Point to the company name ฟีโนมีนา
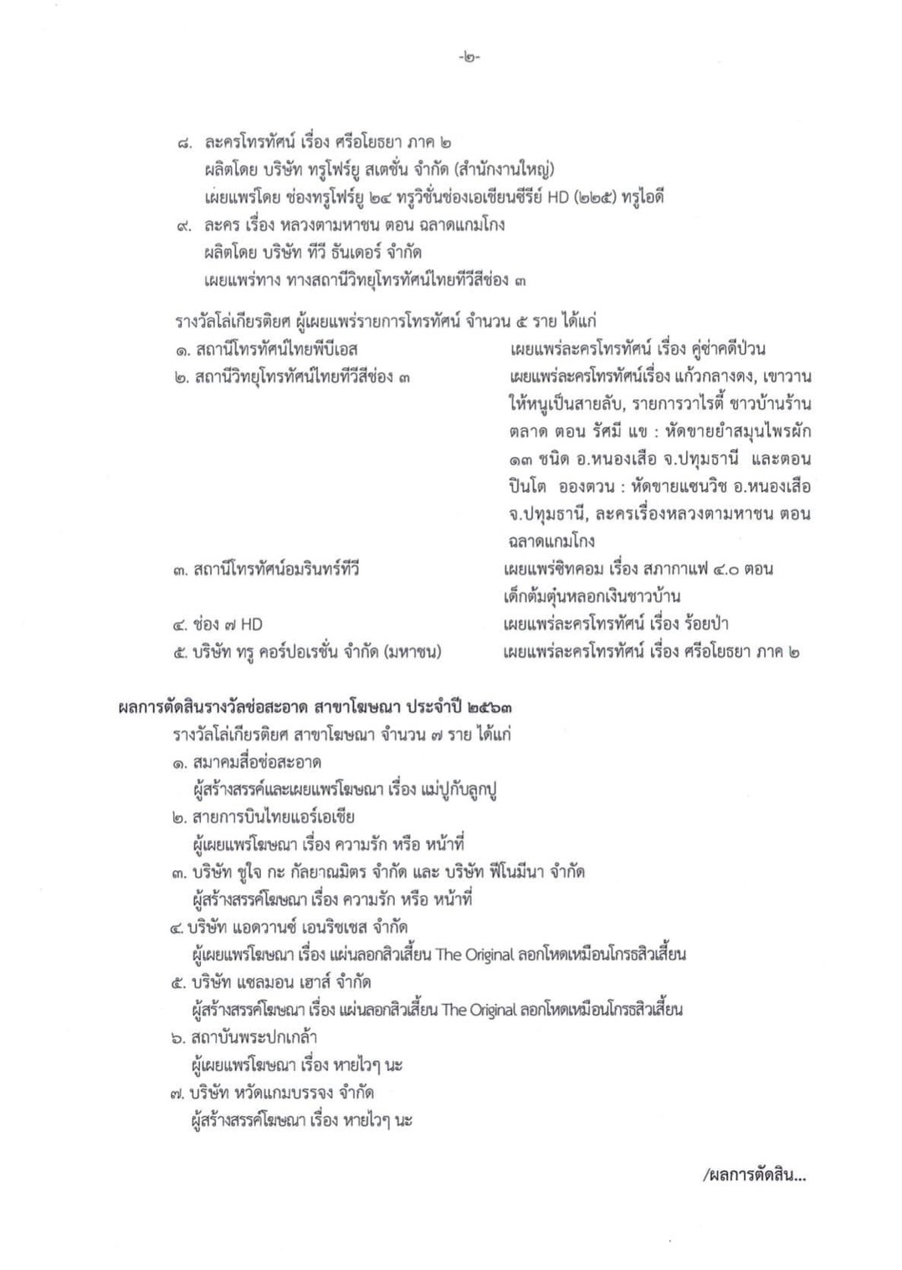[x=515, y=873]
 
